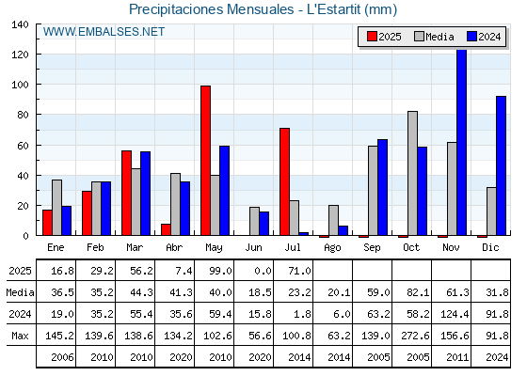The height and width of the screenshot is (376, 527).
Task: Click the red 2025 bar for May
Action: (x=206, y=161)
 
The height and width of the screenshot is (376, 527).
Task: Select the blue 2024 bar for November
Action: (x=462, y=142)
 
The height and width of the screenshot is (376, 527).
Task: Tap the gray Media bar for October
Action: (x=413, y=173)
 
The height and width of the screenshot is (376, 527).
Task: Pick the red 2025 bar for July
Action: (x=284, y=181)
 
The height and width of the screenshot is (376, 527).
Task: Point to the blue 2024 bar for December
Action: (x=501, y=165)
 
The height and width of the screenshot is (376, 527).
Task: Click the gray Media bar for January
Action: (x=56, y=208)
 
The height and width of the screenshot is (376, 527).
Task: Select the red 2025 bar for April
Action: (x=166, y=229)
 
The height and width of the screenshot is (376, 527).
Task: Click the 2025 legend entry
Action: (x=384, y=37)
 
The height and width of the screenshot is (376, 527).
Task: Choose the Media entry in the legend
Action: (x=434, y=37)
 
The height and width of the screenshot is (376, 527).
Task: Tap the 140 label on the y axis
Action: (x=20, y=24)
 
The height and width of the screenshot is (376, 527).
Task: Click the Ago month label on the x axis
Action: (x=332, y=248)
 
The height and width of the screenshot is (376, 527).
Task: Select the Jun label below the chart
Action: (x=253, y=248)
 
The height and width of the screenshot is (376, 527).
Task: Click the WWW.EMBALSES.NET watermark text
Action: (x=104, y=32)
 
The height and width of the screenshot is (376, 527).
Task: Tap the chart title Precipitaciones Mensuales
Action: (x=212, y=9)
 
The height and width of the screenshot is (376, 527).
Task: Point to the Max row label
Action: (x=20, y=336)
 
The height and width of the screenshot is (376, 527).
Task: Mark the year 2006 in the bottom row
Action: (x=62, y=357)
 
